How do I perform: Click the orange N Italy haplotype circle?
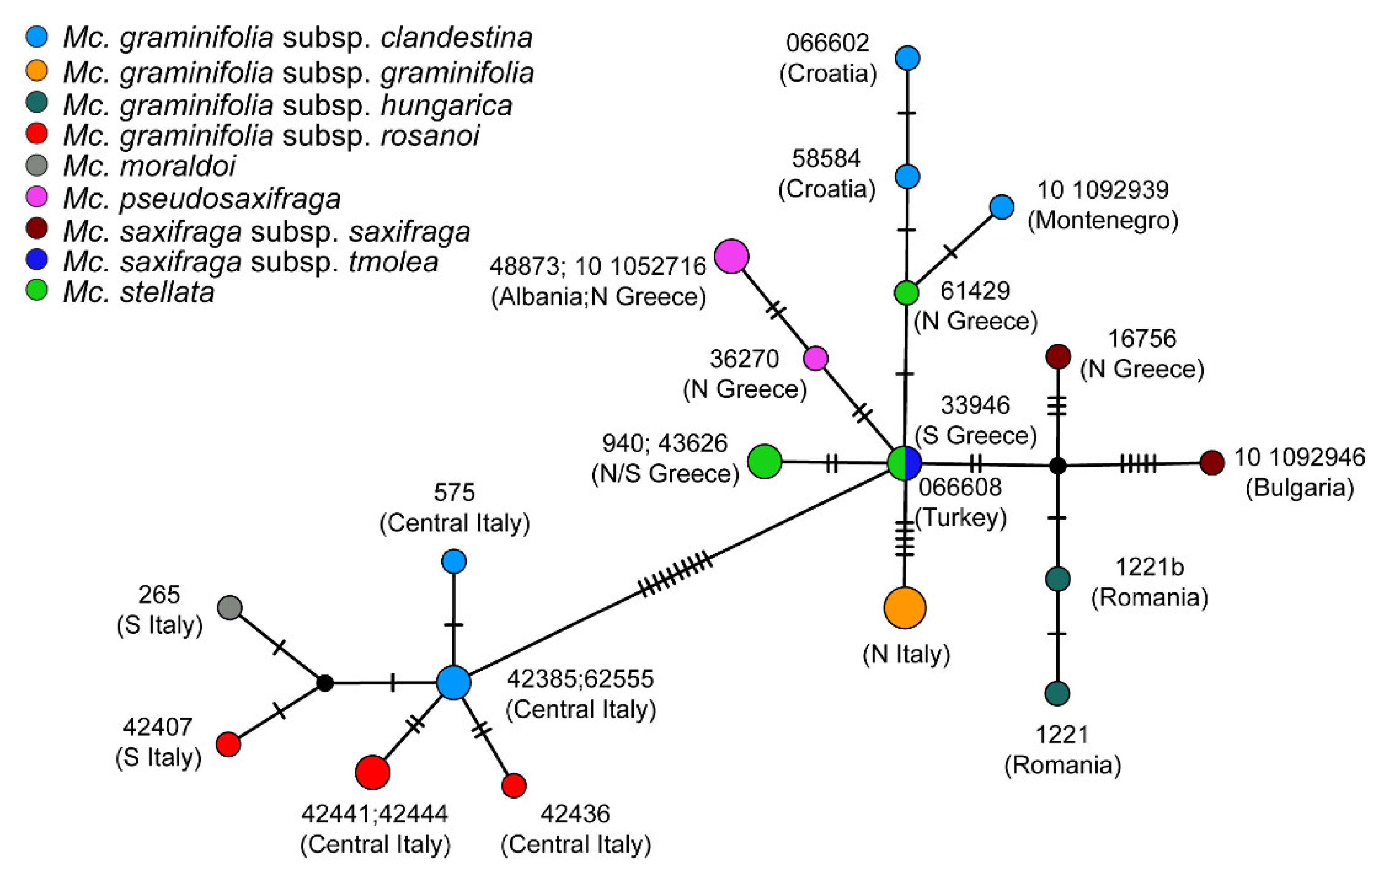point(904,608)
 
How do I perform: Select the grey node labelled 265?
point(230,608)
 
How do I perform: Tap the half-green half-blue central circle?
point(904,462)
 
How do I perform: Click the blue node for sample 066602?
point(907,58)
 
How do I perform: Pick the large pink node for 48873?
point(731,256)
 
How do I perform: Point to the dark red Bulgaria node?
point(1212,462)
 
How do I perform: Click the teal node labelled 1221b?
point(1057,579)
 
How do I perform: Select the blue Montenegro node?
point(1001,207)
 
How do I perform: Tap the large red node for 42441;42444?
point(372,772)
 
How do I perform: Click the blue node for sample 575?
point(454,561)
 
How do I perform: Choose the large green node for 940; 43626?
point(765,462)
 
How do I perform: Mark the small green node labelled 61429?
point(907,293)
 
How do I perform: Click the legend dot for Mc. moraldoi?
point(37,166)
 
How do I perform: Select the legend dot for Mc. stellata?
point(37,290)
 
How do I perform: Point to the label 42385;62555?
point(580,679)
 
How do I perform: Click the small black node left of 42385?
point(325,683)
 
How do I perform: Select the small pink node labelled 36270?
point(816,359)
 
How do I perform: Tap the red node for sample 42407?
point(228,744)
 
